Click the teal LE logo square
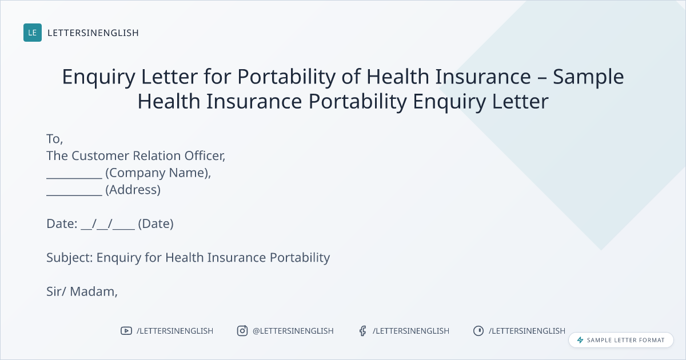[x=33, y=33]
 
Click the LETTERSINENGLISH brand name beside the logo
[x=93, y=33]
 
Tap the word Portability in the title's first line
[x=286, y=77]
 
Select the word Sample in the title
[x=588, y=77]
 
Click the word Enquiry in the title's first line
[x=98, y=77]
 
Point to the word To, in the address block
[x=54, y=139]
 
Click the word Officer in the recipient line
[x=205, y=156]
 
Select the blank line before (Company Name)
[x=74, y=178]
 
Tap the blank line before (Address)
[x=74, y=195]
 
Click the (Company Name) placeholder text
[x=158, y=173]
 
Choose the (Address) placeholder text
[x=133, y=190]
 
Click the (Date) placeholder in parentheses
[x=155, y=224]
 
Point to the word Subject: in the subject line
[x=70, y=258]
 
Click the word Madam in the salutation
[x=93, y=292]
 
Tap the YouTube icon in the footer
[x=126, y=331]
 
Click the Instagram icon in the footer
[x=242, y=331]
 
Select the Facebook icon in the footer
[x=363, y=331]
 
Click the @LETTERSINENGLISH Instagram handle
[x=293, y=331]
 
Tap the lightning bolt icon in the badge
[x=580, y=340]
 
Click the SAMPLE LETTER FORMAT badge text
[x=625, y=340]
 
